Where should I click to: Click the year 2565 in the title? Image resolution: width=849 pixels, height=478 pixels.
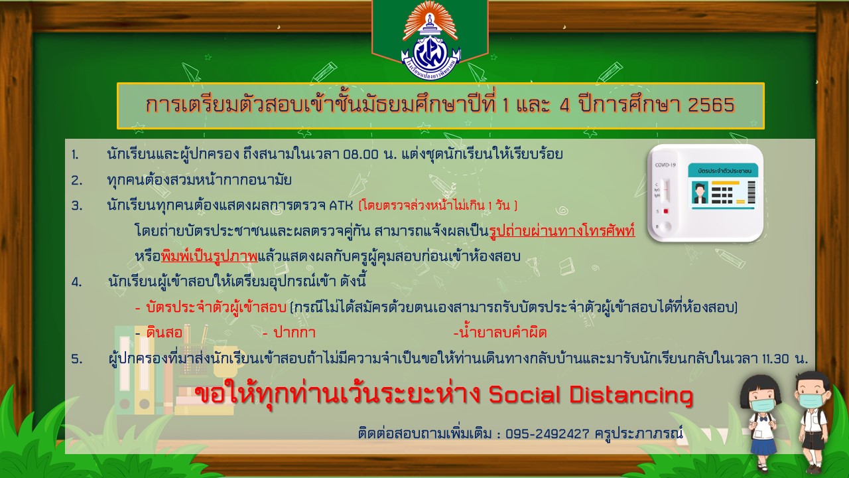(x=712, y=105)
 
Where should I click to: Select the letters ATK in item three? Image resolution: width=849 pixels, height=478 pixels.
(x=341, y=205)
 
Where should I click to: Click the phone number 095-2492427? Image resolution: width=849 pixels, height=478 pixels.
(x=547, y=434)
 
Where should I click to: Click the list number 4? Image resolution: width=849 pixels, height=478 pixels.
(x=76, y=282)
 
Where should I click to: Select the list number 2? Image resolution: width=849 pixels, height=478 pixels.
(x=76, y=180)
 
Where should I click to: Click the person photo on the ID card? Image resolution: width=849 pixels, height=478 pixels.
(x=700, y=193)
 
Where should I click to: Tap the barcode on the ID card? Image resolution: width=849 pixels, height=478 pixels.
(x=751, y=193)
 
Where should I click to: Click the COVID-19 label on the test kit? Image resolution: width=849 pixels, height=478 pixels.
(x=665, y=165)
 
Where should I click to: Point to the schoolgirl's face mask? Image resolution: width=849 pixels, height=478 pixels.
(x=761, y=405)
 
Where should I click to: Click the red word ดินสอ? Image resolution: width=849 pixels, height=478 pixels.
(x=164, y=333)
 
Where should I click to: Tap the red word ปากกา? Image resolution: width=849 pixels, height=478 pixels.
(x=294, y=333)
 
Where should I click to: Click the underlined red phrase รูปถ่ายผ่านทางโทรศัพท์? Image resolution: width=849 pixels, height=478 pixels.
(x=562, y=230)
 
